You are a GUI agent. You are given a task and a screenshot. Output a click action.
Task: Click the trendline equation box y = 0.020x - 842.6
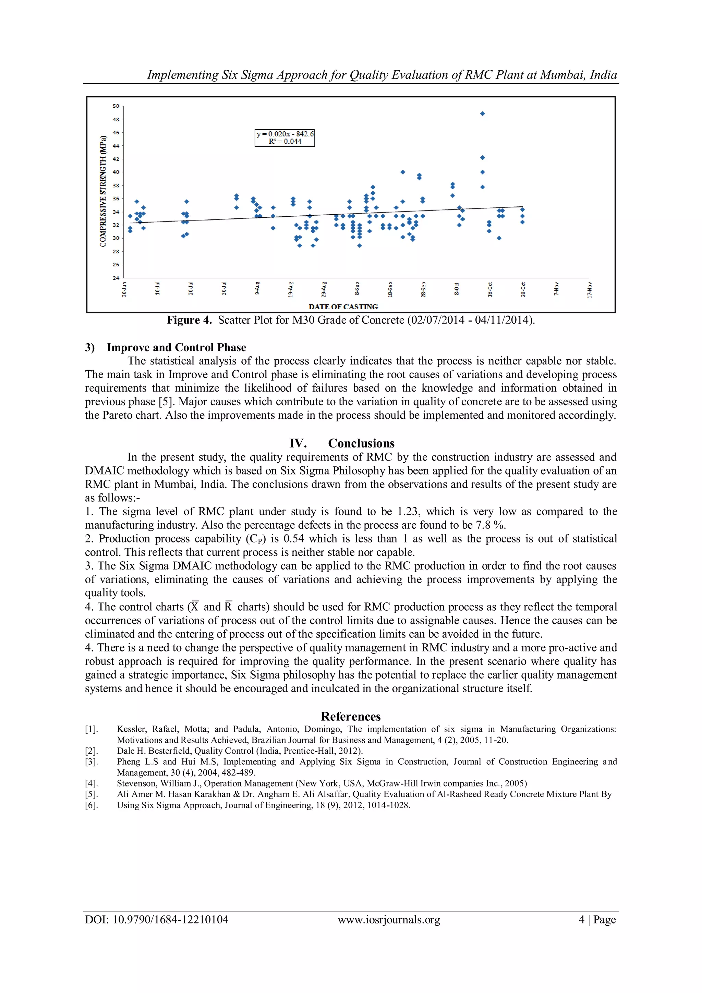point(285,138)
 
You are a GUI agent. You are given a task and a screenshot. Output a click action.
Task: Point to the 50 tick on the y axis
point(116,106)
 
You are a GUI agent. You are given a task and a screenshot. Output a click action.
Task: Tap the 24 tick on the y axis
point(116,278)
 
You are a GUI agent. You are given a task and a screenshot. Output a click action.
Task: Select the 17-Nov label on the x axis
point(590,289)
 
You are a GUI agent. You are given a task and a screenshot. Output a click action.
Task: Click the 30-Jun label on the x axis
point(124,289)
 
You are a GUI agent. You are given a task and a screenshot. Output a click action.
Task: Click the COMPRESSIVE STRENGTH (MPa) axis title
point(103,192)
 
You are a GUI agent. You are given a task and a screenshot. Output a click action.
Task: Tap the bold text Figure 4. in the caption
point(189,320)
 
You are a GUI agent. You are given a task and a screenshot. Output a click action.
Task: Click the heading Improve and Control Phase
point(177,347)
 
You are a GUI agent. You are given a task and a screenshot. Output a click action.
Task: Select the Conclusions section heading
point(361,443)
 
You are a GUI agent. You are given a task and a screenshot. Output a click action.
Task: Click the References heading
point(351,717)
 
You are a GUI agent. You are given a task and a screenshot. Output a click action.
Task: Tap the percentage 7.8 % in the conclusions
point(491,525)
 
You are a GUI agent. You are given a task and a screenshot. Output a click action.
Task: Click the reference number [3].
point(92,762)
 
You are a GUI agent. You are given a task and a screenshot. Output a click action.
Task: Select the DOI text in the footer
point(157,920)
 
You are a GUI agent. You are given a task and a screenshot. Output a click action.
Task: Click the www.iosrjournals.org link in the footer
point(389,920)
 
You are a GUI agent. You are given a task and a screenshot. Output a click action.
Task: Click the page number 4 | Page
point(597,920)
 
